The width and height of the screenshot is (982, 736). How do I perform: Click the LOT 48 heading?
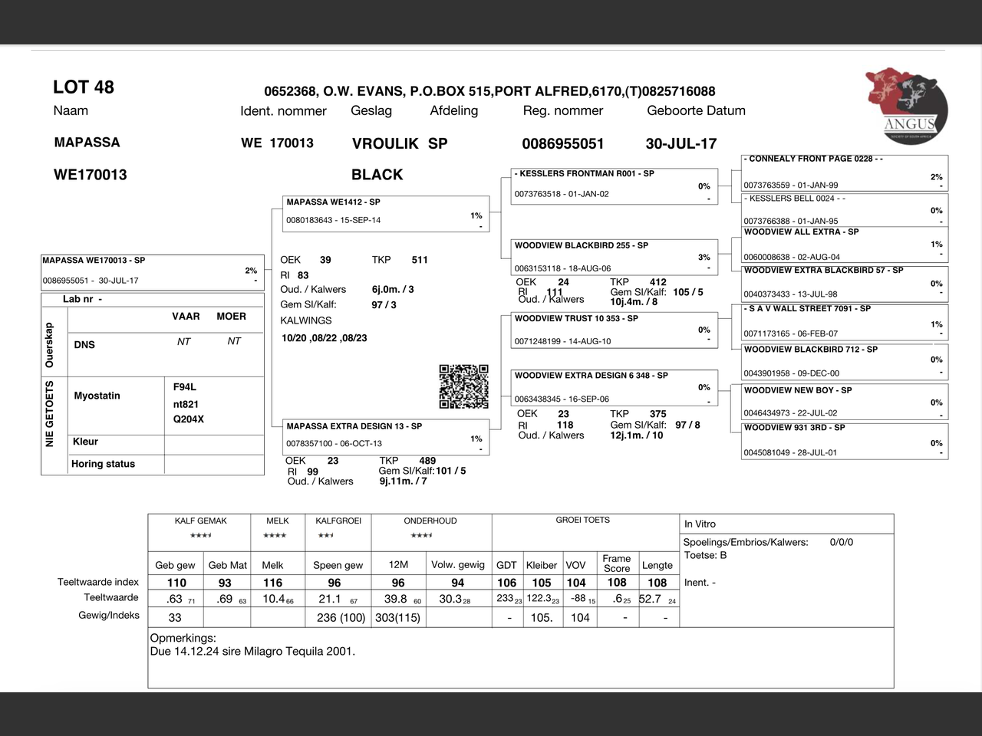tap(83, 87)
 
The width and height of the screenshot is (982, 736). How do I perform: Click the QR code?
tap(463, 386)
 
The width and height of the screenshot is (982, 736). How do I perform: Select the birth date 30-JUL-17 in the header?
tap(680, 143)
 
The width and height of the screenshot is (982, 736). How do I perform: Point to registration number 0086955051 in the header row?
tap(562, 143)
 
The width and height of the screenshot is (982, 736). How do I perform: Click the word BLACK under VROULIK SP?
tap(377, 175)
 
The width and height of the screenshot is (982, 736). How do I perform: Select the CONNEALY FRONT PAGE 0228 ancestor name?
tap(813, 159)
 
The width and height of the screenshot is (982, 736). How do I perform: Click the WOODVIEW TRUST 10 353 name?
tap(575, 318)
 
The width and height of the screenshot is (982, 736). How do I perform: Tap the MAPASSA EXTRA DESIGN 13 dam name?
tap(354, 426)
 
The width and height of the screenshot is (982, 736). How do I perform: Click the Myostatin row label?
tap(97, 396)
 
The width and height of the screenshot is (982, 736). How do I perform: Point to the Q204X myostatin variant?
tap(188, 419)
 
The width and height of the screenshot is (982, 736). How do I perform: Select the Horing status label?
tap(103, 464)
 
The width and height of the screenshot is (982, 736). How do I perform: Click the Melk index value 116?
tap(272, 583)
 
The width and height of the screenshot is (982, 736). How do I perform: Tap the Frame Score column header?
tap(616, 563)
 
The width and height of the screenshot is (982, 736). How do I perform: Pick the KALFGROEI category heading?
tap(338, 521)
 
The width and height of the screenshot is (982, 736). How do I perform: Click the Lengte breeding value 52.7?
tap(650, 599)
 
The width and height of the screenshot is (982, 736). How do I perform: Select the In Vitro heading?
tap(700, 524)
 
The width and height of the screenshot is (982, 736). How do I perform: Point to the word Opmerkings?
tap(183, 638)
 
